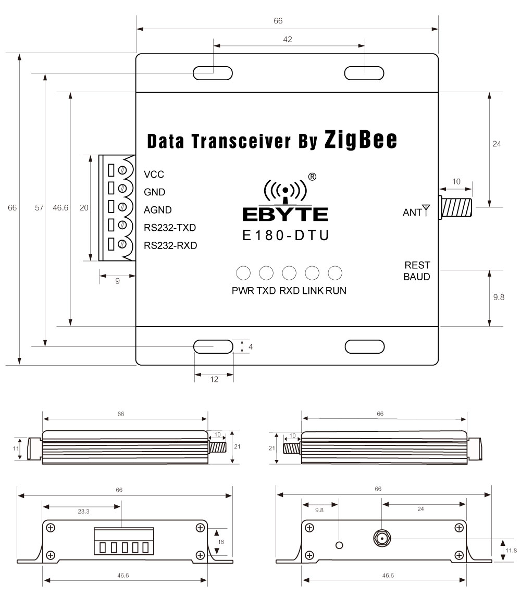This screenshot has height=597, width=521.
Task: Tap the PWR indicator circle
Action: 243,272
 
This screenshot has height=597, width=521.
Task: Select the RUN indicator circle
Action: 335,272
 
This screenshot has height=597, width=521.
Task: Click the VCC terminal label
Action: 154,175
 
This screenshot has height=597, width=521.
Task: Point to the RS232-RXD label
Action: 170,245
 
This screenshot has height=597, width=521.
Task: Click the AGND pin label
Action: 158,210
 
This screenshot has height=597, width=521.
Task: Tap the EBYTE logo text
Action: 285,214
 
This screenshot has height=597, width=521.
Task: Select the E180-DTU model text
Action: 286,235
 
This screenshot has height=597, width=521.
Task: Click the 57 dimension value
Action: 39,207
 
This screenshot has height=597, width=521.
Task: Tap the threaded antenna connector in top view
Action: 457,207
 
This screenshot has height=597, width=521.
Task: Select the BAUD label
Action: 417,277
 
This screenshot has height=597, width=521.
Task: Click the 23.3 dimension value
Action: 83,512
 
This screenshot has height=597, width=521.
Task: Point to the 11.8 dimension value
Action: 511,550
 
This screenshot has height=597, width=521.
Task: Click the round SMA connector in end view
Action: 382,539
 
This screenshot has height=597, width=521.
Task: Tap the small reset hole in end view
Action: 340,545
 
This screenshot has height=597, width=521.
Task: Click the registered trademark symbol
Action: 312,176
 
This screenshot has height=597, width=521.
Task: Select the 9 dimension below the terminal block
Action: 118,281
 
